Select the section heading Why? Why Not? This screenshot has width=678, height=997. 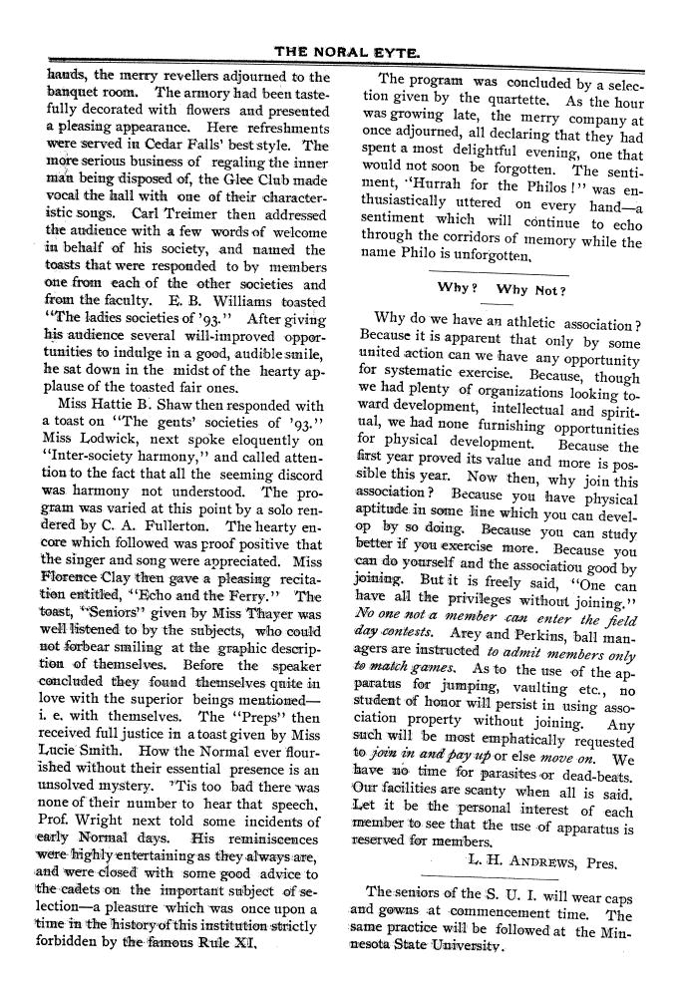pos(502,290)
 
